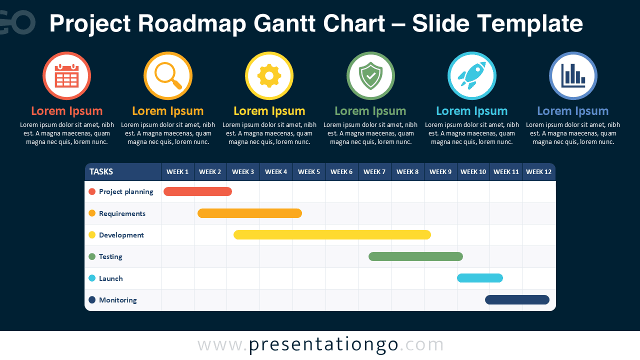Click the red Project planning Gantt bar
pyautogui.click(x=197, y=191)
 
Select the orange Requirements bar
pyautogui.click(x=249, y=213)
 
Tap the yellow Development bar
pyautogui.click(x=332, y=235)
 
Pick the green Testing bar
pyautogui.click(x=415, y=256)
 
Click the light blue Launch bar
pyautogui.click(x=480, y=278)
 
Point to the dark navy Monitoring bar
pyautogui.click(x=517, y=299)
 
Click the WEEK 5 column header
pyautogui.click(x=309, y=171)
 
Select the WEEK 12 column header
pyautogui.click(x=539, y=171)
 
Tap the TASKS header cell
pyautogui.click(x=123, y=171)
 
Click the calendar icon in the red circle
pyautogui.click(x=67, y=75)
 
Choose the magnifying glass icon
pyautogui.click(x=168, y=76)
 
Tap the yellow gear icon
pyautogui.click(x=269, y=75)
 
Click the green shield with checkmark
pyautogui.click(x=370, y=75)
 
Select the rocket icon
pyautogui.click(x=471, y=75)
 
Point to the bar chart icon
pyautogui.click(x=573, y=75)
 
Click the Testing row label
pyautogui.click(x=110, y=256)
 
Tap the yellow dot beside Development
pyautogui.click(x=92, y=235)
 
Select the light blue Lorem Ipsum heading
pyautogui.click(x=471, y=111)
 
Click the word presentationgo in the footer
pyautogui.click(x=323, y=345)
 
